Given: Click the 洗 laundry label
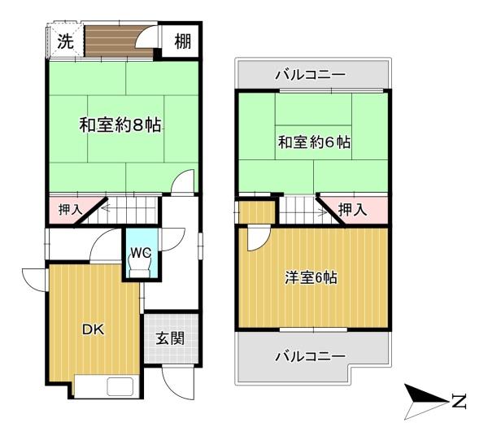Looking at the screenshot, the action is coord(66,41).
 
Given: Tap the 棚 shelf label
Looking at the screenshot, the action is coord(183,41).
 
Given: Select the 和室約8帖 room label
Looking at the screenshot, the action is coord(120,125).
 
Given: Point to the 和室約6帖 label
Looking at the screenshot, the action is coord(314,142).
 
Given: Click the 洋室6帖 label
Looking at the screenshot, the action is coord(312,277).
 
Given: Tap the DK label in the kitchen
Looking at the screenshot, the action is coord(94,329).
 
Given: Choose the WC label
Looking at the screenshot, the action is coord(141,253).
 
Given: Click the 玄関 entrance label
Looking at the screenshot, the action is coord(170,338).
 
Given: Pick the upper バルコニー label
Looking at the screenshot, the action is coord(311,75).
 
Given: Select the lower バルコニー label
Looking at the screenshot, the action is coord(311,356).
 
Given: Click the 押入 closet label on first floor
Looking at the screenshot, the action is coord(71,210).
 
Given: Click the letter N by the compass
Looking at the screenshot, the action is coord(459,402).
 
